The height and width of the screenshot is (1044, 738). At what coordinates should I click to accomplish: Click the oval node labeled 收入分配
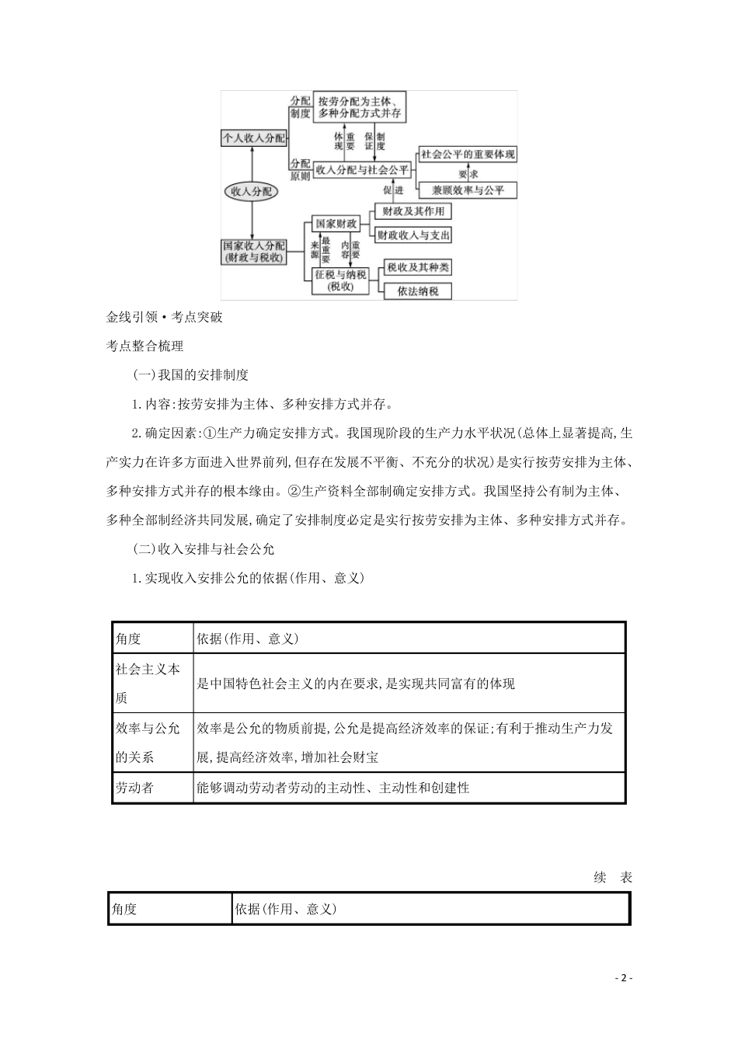pos(252,191)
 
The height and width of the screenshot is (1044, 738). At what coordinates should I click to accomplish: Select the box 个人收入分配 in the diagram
pos(253,138)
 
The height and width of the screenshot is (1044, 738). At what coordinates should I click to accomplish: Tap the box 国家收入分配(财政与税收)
pos(253,251)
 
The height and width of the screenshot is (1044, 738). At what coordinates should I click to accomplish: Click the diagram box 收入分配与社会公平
pos(361,169)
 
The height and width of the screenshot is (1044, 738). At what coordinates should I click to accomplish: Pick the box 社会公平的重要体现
pos(468,154)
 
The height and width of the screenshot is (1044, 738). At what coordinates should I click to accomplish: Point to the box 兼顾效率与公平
pos(468,190)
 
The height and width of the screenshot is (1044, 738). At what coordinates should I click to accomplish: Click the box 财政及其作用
pos(412,211)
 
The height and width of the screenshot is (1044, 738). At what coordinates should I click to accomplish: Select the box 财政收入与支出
pos(413,235)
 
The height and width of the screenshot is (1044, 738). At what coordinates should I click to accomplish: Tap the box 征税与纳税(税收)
pos(339,280)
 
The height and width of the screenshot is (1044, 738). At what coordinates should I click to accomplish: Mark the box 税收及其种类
pos(418,268)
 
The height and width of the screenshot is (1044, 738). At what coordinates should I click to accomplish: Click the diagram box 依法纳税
pos(418,291)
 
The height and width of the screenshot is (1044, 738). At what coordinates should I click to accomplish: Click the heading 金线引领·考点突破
pos(164,317)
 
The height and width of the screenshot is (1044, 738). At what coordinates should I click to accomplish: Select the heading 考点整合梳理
pos(144,346)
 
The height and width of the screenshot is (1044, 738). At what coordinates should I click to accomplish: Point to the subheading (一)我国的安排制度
pos(191,374)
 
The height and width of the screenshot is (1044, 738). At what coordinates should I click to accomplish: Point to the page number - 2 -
pos(623,978)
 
